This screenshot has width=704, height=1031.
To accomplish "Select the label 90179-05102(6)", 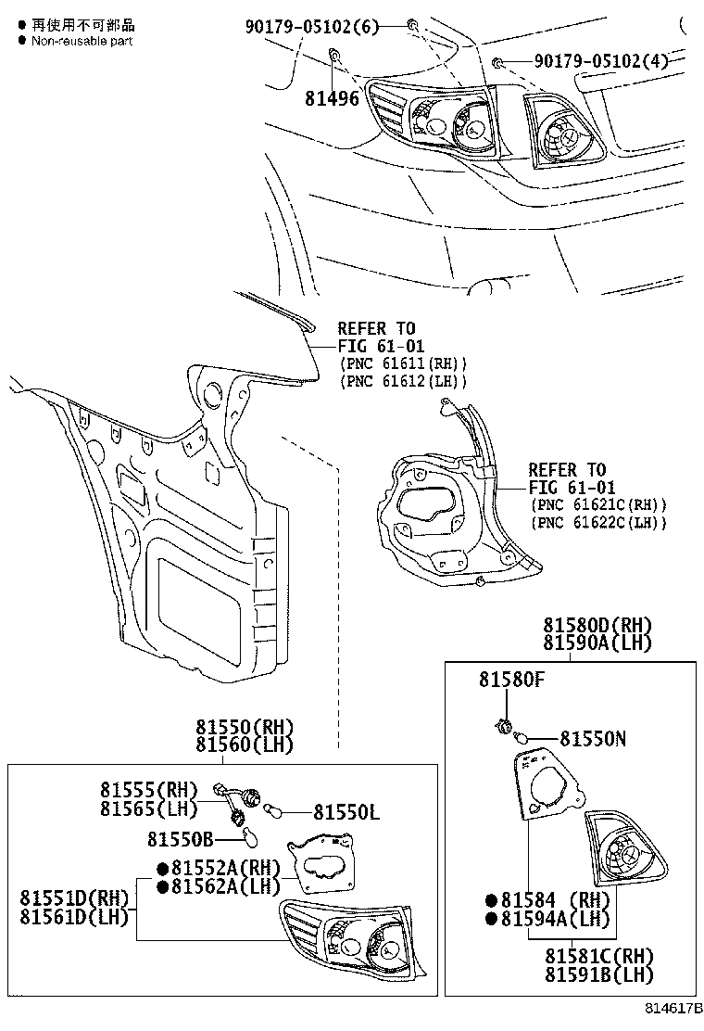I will (312, 27).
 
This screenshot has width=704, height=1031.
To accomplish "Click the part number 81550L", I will (346, 812).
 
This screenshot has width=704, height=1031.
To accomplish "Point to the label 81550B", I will (180, 839).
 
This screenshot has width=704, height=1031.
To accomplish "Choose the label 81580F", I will (511, 680).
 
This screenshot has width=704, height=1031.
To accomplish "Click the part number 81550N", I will (593, 739).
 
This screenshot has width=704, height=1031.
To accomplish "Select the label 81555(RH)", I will (149, 790).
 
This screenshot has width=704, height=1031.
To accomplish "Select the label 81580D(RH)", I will (597, 625).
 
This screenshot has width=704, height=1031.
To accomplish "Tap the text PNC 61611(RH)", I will (404, 363).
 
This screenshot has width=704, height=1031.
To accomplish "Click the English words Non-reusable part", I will (82, 42).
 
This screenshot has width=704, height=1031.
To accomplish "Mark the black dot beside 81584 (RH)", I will (491, 900).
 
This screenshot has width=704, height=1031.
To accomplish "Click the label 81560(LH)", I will (244, 745).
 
